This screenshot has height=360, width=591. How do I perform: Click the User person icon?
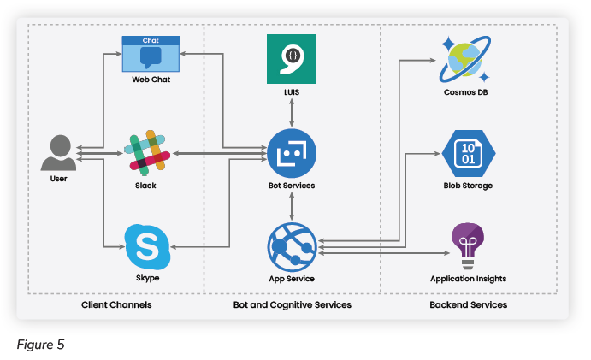pos(58,154)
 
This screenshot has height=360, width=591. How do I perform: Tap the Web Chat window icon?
pos(151,54)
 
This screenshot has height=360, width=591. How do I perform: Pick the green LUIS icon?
pos(292,59)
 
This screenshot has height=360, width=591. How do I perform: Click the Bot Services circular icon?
pos(292,154)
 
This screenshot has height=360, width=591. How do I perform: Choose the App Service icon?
pos(292,246)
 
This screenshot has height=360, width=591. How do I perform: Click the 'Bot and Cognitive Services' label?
pos(292,304)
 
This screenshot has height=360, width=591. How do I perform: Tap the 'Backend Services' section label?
pos(468,304)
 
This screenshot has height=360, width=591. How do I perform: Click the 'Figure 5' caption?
pos(40,345)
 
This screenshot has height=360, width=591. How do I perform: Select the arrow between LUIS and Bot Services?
pos(292,111)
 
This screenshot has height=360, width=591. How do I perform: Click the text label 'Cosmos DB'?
pos(466,92)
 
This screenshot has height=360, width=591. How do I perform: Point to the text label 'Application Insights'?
pos(468,279)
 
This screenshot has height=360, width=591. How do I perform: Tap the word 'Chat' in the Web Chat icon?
pos(151,40)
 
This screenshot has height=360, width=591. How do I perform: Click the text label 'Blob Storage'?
pos(468,186)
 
